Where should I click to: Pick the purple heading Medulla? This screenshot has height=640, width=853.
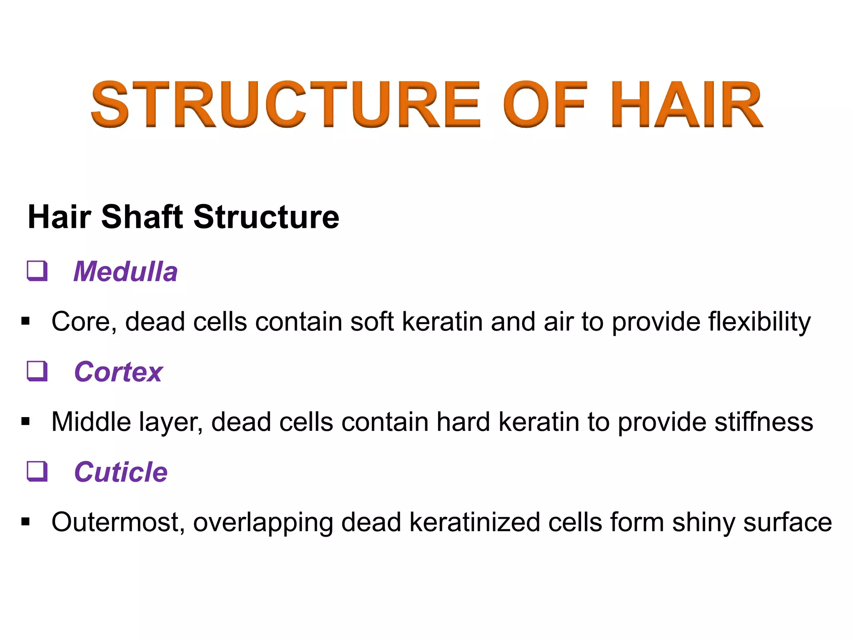[x=125, y=272]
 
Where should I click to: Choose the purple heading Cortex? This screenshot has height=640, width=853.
[x=118, y=372]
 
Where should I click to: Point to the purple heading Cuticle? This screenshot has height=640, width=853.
[x=121, y=472]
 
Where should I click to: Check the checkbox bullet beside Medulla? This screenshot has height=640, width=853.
[x=37, y=271]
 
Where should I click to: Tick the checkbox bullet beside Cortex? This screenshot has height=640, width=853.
[x=37, y=371]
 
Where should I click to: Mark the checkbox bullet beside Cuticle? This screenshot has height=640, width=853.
[x=37, y=471]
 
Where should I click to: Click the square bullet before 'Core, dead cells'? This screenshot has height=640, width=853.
[x=26, y=321]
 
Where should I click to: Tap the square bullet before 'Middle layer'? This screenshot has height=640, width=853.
[x=26, y=422]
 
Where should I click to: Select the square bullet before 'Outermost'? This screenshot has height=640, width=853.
[x=26, y=522]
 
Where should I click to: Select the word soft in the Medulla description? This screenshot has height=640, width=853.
[x=372, y=322]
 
